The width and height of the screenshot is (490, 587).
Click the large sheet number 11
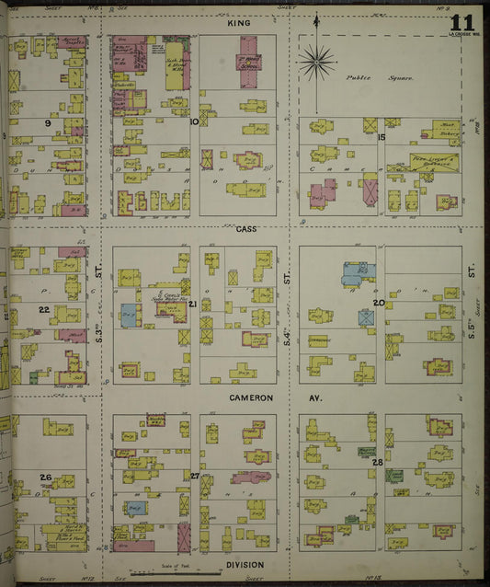coord(462,22)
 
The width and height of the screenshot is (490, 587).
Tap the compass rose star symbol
coord(316,61)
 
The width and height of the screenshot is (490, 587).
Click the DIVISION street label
coord(245,564)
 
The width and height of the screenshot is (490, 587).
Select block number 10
coord(194,121)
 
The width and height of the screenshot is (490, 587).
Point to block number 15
coord(380,137)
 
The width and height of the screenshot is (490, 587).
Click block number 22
coord(43,310)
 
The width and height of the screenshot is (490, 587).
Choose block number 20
coord(378,302)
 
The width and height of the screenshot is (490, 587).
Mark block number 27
coord(194,475)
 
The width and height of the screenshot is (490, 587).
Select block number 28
coord(377,462)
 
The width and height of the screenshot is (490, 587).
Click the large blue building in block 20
coord(356,273)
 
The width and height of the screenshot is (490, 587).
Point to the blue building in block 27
coord(136,508)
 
